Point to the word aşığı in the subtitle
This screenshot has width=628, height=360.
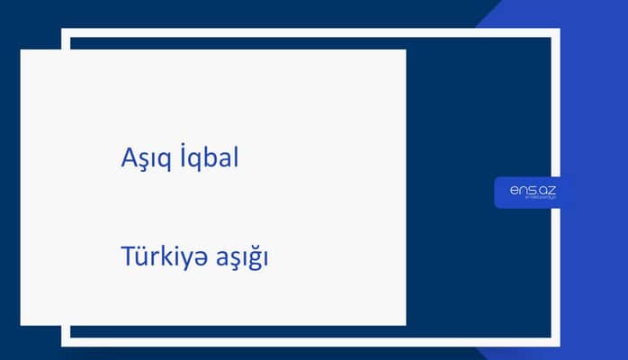click(242, 259)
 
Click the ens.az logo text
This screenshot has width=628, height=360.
click(533, 189)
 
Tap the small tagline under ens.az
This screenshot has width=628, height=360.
click(533, 200)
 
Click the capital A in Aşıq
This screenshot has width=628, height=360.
click(128, 157)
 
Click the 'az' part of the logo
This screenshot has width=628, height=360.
click(547, 189)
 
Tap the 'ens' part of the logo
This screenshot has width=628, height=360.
click(522, 189)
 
